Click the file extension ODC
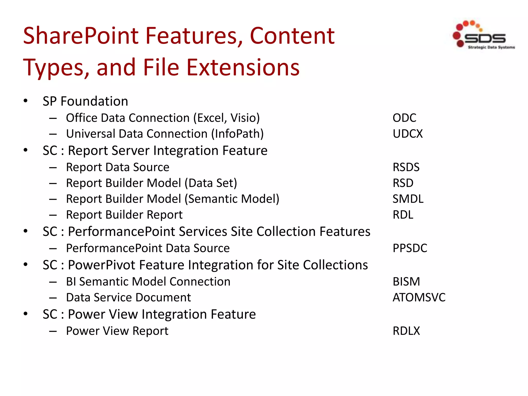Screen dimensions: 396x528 [x=404, y=118]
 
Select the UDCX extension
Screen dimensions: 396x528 [x=408, y=134]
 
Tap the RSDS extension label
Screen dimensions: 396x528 [x=406, y=167]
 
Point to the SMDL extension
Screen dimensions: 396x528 [x=408, y=199]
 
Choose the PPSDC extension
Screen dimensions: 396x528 [x=410, y=248]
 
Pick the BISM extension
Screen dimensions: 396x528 [x=406, y=282]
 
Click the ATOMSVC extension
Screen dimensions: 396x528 [x=419, y=298]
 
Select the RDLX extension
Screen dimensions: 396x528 [x=406, y=331]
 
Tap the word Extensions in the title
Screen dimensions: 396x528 [x=243, y=68]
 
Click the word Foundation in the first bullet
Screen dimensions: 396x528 [x=94, y=101]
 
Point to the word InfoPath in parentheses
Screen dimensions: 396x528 [x=237, y=134]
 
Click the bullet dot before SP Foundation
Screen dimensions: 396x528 [x=26, y=101]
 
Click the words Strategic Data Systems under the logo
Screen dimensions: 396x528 [x=491, y=47]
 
